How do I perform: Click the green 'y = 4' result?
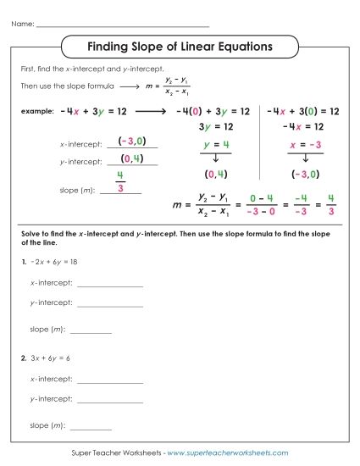pos(217,145)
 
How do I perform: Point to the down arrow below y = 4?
pos(216,158)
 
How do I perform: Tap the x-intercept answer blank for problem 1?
pos(109,286)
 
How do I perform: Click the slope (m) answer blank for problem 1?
pos(91,330)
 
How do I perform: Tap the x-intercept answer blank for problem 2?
pos(109,381)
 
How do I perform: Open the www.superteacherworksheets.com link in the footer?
pos(228,453)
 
